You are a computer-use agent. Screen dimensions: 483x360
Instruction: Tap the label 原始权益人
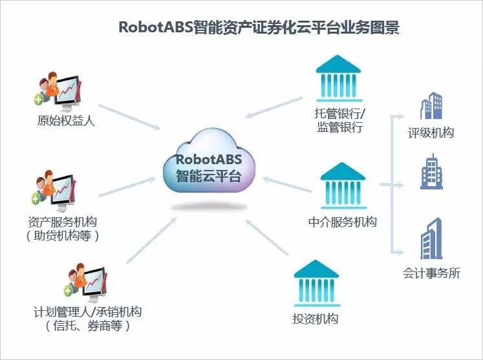pyautogui.click(x=66, y=120)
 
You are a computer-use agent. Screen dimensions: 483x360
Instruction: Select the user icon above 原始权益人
pyautogui.click(x=58, y=92)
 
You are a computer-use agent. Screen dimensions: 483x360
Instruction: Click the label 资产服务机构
pyautogui.click(x=63, y=222)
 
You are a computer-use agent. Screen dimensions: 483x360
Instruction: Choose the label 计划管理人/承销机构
pyautogui.click(x=87, y=312)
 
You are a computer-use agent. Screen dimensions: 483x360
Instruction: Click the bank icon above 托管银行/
pyautogui.click(x=339, y=78)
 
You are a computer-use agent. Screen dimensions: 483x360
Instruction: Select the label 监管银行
pyautogui.click(x=340, y=127)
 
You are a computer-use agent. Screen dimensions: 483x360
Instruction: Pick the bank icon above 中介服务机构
pyautogui.click(x=343, y=185)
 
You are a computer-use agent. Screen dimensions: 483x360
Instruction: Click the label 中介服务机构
pyautogui.click(x=343, y=222)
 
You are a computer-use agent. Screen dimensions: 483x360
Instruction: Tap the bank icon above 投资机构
pyautogui.click(x=316, y=283)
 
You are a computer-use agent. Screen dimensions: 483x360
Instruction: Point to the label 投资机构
pyautogui.click(x=316, y=319)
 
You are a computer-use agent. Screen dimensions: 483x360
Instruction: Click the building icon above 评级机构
pyautogui.click(x=431, y=105)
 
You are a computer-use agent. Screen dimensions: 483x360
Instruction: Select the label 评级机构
pyautogui.click(x=431, y=132)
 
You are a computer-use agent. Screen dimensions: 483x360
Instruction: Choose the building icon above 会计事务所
pyautogui.click(x=431, y=238)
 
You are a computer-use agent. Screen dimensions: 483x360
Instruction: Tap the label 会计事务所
pyautogui.click(x=431, y=273)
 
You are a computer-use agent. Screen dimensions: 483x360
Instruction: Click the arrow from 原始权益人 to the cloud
pyautogui.click(x=129, y=117)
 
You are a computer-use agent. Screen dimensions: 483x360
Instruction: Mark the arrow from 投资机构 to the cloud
pyautogui.click(x=267, y=237)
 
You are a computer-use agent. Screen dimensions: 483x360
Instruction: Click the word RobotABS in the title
pyautogui.click(x=156, y=27)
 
